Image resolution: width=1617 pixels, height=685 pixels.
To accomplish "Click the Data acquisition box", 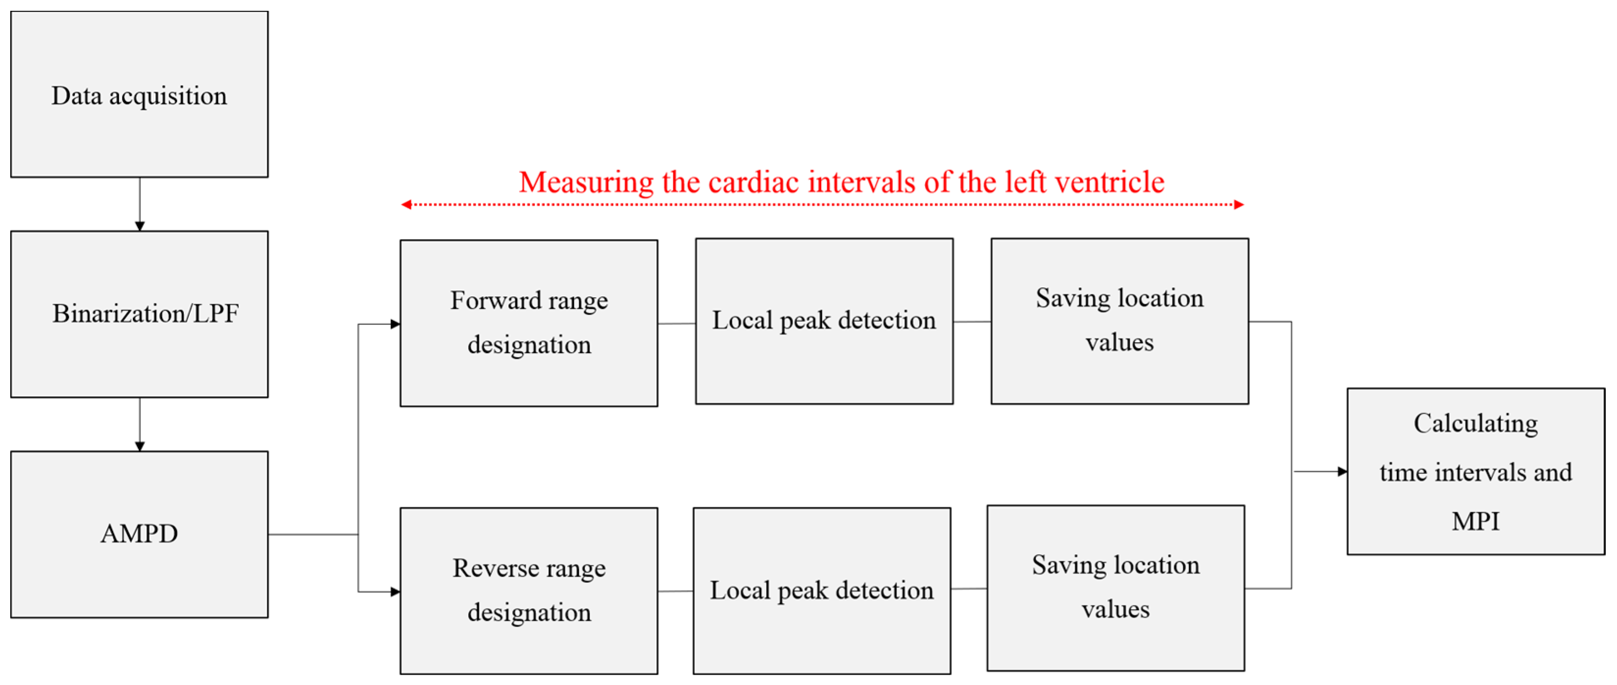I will (x=139, y=94).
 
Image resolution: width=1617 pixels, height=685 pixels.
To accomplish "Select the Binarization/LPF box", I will (x=139, y=314).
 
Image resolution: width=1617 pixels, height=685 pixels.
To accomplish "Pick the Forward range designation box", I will (x=528, y=323).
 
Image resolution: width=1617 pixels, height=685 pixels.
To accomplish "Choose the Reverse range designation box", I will (x=528, y=591).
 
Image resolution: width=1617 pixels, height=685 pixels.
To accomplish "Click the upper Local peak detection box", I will (x=823, y=321).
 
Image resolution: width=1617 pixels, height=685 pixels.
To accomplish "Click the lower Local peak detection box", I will (x=821, y=591).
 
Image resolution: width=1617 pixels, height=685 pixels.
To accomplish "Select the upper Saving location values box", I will (x=1119, y=321).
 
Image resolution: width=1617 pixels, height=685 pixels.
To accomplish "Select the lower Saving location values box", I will (x=1116, y=588).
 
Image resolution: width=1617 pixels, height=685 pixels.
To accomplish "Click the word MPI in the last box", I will (x=1475, y=521).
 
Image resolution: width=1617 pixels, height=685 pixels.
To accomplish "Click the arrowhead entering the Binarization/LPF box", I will (x=139, y=226).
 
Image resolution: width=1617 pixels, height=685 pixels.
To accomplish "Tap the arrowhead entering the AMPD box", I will (x=139, y=446).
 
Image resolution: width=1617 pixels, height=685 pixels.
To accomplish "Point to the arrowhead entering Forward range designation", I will (x=395, y=324).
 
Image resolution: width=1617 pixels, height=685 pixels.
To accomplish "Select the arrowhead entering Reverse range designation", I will (x=395, y=591).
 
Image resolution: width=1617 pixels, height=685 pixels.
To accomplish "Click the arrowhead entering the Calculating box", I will (x=1342, y=472).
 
